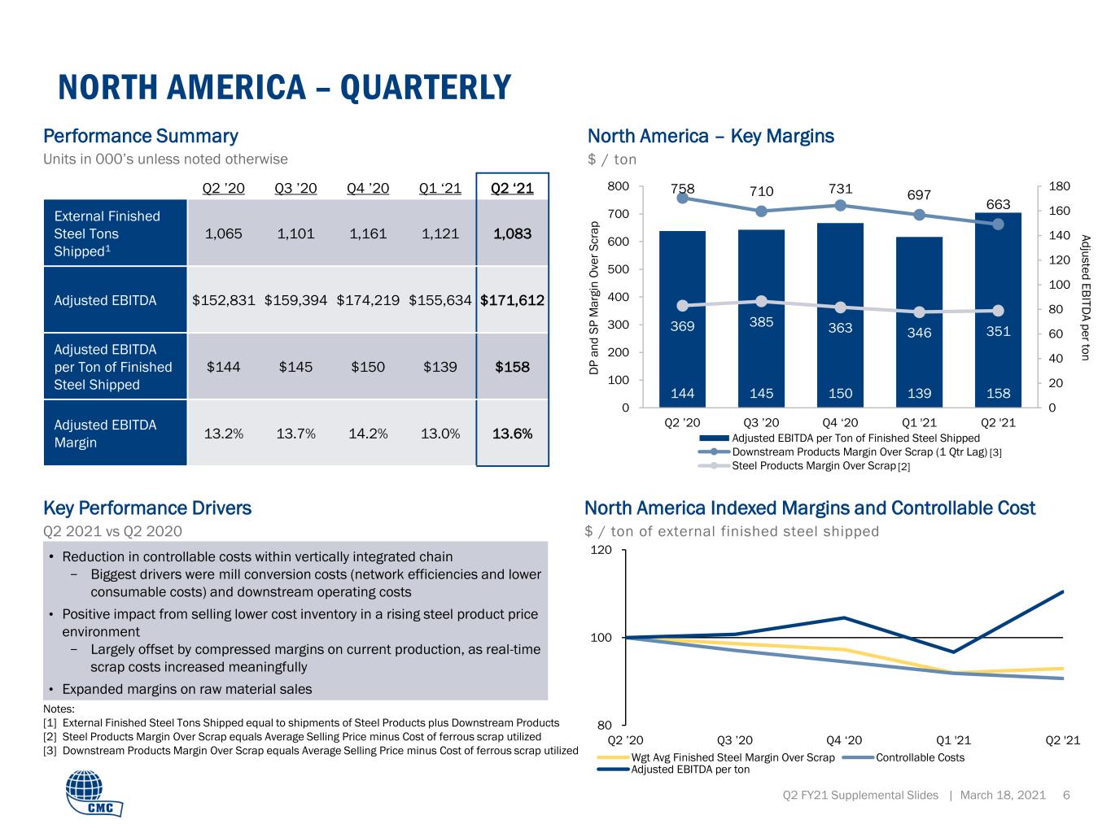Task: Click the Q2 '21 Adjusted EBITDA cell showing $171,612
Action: coord(512,300)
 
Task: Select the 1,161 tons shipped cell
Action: coord(367,233)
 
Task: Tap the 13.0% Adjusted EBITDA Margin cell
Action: coord(440,434)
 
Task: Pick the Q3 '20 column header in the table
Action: coord(295,188)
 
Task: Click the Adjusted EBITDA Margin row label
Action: coord(105,434)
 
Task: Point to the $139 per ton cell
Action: coord(440,367)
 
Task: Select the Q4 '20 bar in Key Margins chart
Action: coord(840,315)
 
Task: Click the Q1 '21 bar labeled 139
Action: coord(919,321)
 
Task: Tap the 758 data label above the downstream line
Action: coord(682,188)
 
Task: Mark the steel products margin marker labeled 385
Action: coord(761,302)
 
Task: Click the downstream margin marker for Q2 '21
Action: coord(998,224)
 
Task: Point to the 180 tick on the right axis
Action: coord(1059,186)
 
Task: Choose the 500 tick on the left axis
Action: coord(618,269)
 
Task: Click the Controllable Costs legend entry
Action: coord(904,757)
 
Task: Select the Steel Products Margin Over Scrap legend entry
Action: coord(804,465)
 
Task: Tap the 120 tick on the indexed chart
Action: coord(601,550)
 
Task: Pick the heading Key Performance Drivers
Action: coord(147,508)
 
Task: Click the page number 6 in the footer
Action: coord(1066,795)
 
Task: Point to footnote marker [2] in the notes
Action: coord(50,737)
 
